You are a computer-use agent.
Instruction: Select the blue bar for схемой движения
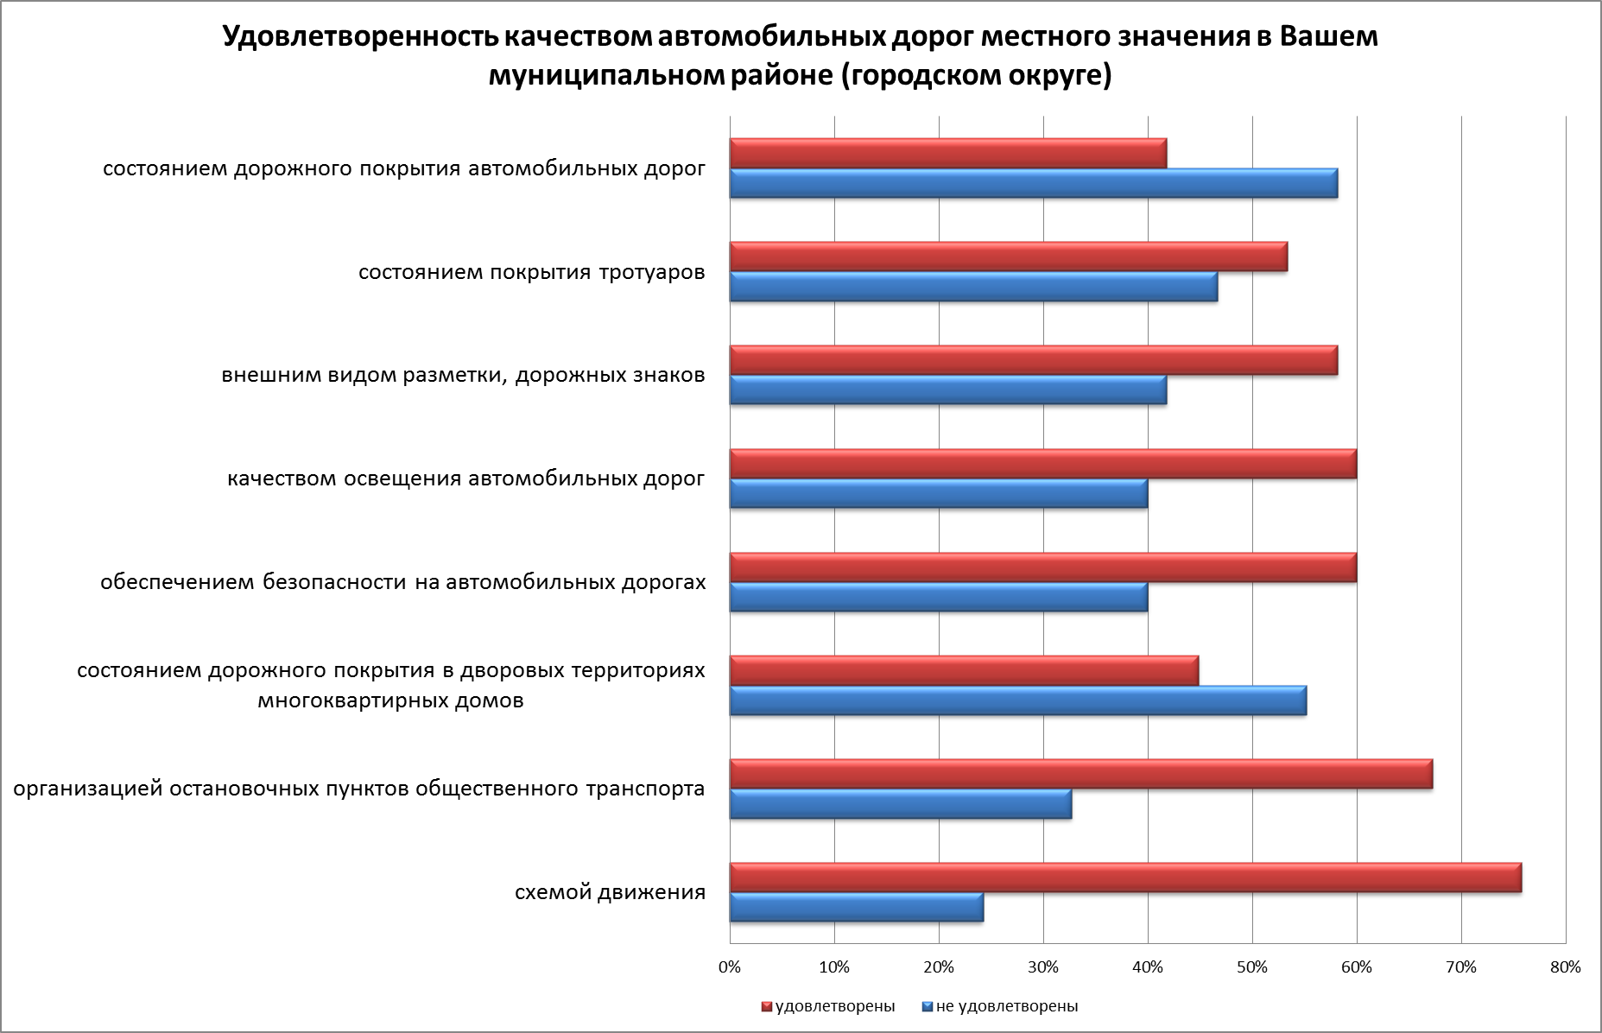[856, 908]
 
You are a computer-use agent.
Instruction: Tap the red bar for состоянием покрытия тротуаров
[1008, 257]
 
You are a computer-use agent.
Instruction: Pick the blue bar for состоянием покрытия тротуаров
[973, 287]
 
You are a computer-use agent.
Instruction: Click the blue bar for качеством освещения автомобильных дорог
[938, 493]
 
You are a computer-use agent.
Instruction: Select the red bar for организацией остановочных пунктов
[1080, 774]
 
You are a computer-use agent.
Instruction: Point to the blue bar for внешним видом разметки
[947, 390]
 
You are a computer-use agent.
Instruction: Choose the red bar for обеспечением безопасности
[1042, 567]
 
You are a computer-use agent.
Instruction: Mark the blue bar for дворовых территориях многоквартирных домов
[1017, 700]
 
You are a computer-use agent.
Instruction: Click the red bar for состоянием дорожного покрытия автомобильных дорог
[947, 154]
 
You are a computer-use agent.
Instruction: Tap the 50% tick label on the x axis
[1252, 967]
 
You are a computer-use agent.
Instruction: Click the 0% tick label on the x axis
[730, 967]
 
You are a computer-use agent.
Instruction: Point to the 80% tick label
[1565, 967]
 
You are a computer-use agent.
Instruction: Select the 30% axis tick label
[1043, 967]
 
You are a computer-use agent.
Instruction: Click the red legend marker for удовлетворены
[765, 1006]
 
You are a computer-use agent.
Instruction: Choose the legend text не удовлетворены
[1006, 1006]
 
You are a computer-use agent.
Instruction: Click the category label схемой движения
[610, 892]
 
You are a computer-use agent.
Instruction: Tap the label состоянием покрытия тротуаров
[531, 273]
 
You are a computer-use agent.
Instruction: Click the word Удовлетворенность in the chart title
[357, 37]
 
